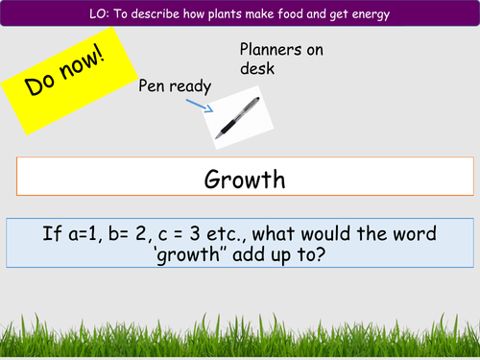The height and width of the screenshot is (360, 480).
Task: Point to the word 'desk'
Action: pyautogui.click(x=257, y=70)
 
